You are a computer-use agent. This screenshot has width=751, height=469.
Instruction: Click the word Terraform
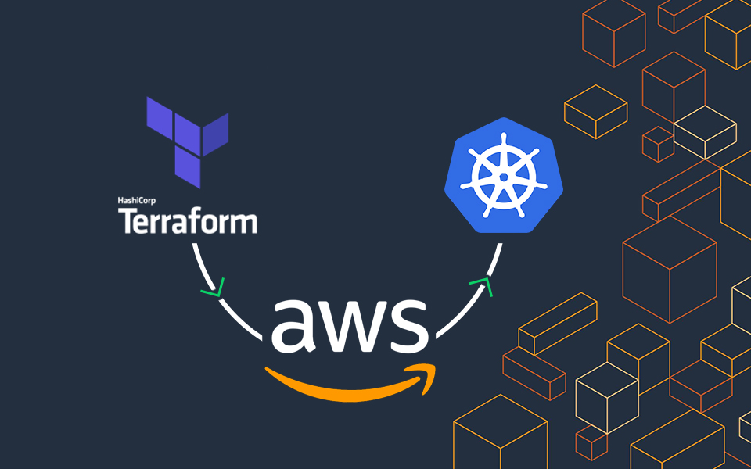tap(188, 221)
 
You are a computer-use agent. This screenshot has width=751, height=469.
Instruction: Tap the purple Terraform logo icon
tap(188, 141)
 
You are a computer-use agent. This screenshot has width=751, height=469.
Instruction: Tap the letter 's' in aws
tap(410, 324)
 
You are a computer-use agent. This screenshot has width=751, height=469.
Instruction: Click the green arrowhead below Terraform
tap(213, 292)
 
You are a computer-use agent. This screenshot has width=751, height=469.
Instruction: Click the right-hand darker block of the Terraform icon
tap(216, 133)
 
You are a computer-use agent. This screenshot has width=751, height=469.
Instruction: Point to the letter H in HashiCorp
tap(120, 201)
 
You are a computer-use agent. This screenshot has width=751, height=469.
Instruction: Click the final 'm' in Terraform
tap(243, 224)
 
